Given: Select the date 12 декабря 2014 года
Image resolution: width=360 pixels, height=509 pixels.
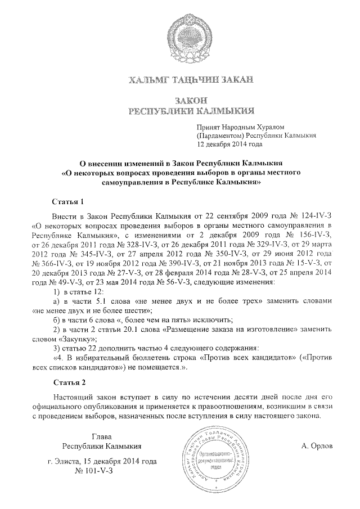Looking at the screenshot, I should (x=229, y=144).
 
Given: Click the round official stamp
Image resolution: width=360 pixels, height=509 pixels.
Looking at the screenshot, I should (x=211, y=456).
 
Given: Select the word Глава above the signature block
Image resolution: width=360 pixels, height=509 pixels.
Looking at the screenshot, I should (x=102, y=436).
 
